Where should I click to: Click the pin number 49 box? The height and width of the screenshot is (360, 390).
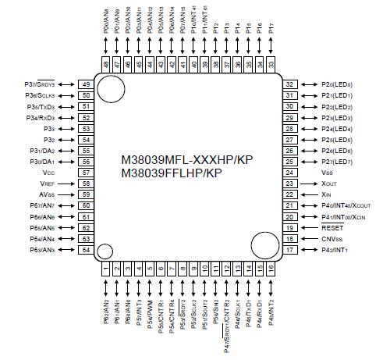click(x=86, y=84)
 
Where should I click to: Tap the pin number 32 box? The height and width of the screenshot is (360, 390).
click(x=289, y=84)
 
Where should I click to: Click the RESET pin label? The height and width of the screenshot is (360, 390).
click(x=332, y=227)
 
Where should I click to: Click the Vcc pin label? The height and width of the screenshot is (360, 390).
click(x=48, y=172)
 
